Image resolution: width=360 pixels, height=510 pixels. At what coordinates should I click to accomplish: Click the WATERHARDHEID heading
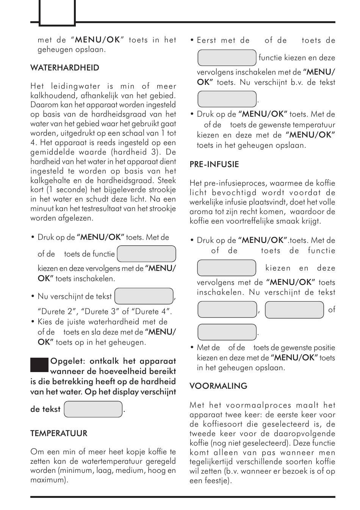coord(65,68)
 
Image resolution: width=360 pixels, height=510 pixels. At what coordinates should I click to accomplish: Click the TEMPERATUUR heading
coord(59,433)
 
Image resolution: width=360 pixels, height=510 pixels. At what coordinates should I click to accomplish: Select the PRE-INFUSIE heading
coord(214,164)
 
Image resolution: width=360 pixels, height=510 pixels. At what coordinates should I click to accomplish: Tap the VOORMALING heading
coord(218,386)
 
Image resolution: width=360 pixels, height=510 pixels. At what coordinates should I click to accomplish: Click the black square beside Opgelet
coord(39,365)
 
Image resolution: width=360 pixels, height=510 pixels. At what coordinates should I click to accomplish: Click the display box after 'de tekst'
coord(93,409)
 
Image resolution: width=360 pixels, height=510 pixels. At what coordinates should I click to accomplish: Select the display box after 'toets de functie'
coord(146,254)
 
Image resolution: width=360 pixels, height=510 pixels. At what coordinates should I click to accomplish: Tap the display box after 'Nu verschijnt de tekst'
coord(144,296)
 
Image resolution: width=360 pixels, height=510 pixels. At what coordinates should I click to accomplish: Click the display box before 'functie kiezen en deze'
coord(227,58)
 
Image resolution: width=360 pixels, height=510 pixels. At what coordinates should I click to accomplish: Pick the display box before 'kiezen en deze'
coord(227,268)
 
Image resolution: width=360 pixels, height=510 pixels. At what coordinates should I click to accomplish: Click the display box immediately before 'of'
coord(294,310)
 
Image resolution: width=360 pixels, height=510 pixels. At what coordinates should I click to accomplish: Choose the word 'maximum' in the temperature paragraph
coord(48,480)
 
